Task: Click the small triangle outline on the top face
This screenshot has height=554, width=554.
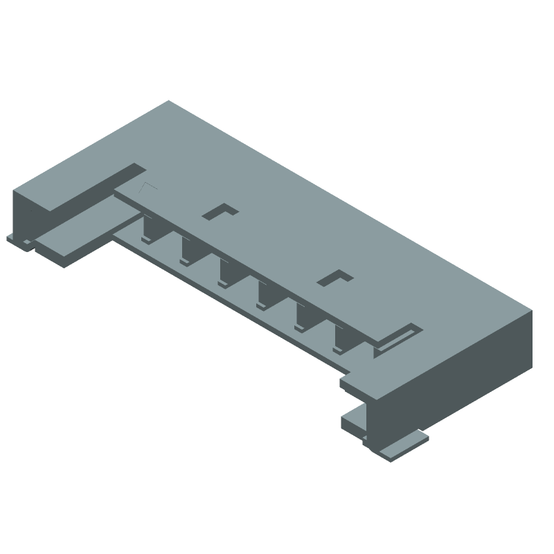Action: point(148,188)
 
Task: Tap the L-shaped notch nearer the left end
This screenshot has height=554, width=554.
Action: point(220,211)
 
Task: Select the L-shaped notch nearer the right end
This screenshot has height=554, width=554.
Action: point(335,278)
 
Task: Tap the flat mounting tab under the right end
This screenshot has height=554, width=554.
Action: point(402,445)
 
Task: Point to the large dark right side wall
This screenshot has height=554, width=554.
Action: point(457,374)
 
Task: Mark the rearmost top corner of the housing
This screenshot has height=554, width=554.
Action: point(169,102)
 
